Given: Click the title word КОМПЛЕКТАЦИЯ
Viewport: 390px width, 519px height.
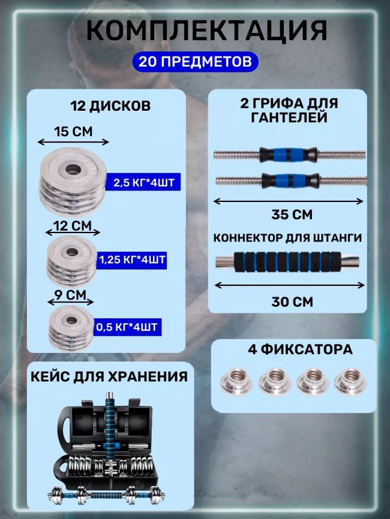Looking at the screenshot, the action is coord(207,30).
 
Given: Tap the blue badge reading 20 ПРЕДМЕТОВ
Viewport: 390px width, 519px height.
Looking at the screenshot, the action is coord(195,61).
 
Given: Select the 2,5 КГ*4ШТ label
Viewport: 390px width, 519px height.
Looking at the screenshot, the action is coord(143,182).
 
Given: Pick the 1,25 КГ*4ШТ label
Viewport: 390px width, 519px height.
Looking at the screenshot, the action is coord(132,260).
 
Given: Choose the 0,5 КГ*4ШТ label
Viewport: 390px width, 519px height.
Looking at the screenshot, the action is coord(127,327).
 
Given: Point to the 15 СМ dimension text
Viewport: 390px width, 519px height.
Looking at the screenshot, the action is coord(73,131).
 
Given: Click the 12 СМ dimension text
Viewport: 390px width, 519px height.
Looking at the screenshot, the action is coord(73,226).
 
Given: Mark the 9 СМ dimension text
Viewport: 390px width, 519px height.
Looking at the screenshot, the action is coord(70,295).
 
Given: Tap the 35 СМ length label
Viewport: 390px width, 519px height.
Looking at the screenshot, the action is coord(292,215).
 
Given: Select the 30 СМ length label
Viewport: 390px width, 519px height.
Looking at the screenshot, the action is coord(292,302).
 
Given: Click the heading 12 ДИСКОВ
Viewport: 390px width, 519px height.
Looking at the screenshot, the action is coord(110,106).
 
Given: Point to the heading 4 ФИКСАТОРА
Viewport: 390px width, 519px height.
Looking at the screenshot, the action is coord(300,349).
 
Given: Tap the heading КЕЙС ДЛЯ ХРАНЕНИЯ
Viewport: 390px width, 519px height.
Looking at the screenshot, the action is coord(109,377).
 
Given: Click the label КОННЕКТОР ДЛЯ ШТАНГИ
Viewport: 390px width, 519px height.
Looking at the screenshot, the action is coord(288,238).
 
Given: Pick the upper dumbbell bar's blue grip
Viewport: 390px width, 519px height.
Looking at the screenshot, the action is coord(288,155).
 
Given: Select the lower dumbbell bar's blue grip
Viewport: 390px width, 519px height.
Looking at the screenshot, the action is coord(291,181).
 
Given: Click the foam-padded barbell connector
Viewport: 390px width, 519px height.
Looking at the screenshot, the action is coord(287,262).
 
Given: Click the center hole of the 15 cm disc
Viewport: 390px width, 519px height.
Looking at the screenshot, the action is coord(73,170).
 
